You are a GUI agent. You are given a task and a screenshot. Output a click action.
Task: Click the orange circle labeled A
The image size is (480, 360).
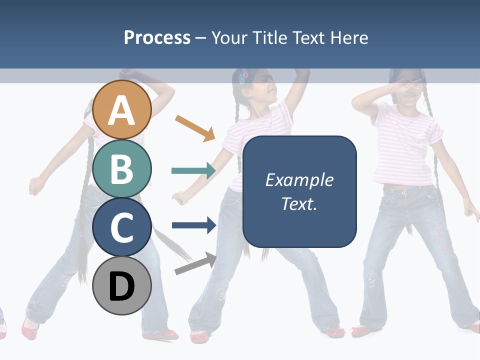122,109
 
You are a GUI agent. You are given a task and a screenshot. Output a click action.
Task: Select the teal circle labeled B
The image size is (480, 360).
122,168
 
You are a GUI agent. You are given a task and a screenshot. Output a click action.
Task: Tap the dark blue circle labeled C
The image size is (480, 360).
122,227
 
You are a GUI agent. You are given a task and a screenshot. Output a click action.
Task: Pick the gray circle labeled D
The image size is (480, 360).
122,285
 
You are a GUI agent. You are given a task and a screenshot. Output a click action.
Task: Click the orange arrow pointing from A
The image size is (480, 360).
194,128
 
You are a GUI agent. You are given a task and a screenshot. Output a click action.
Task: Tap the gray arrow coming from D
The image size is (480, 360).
195,263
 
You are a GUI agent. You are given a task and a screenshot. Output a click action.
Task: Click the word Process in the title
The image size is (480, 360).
157,37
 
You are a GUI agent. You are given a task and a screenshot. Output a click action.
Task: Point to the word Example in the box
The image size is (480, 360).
299,180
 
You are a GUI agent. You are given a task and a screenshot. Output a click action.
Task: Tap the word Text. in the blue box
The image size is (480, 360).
299,203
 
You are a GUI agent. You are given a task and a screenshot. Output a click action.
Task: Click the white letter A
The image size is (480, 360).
122,110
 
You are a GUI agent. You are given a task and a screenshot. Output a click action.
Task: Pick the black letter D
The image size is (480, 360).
122,286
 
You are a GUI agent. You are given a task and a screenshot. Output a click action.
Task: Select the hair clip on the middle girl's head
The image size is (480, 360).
244,76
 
